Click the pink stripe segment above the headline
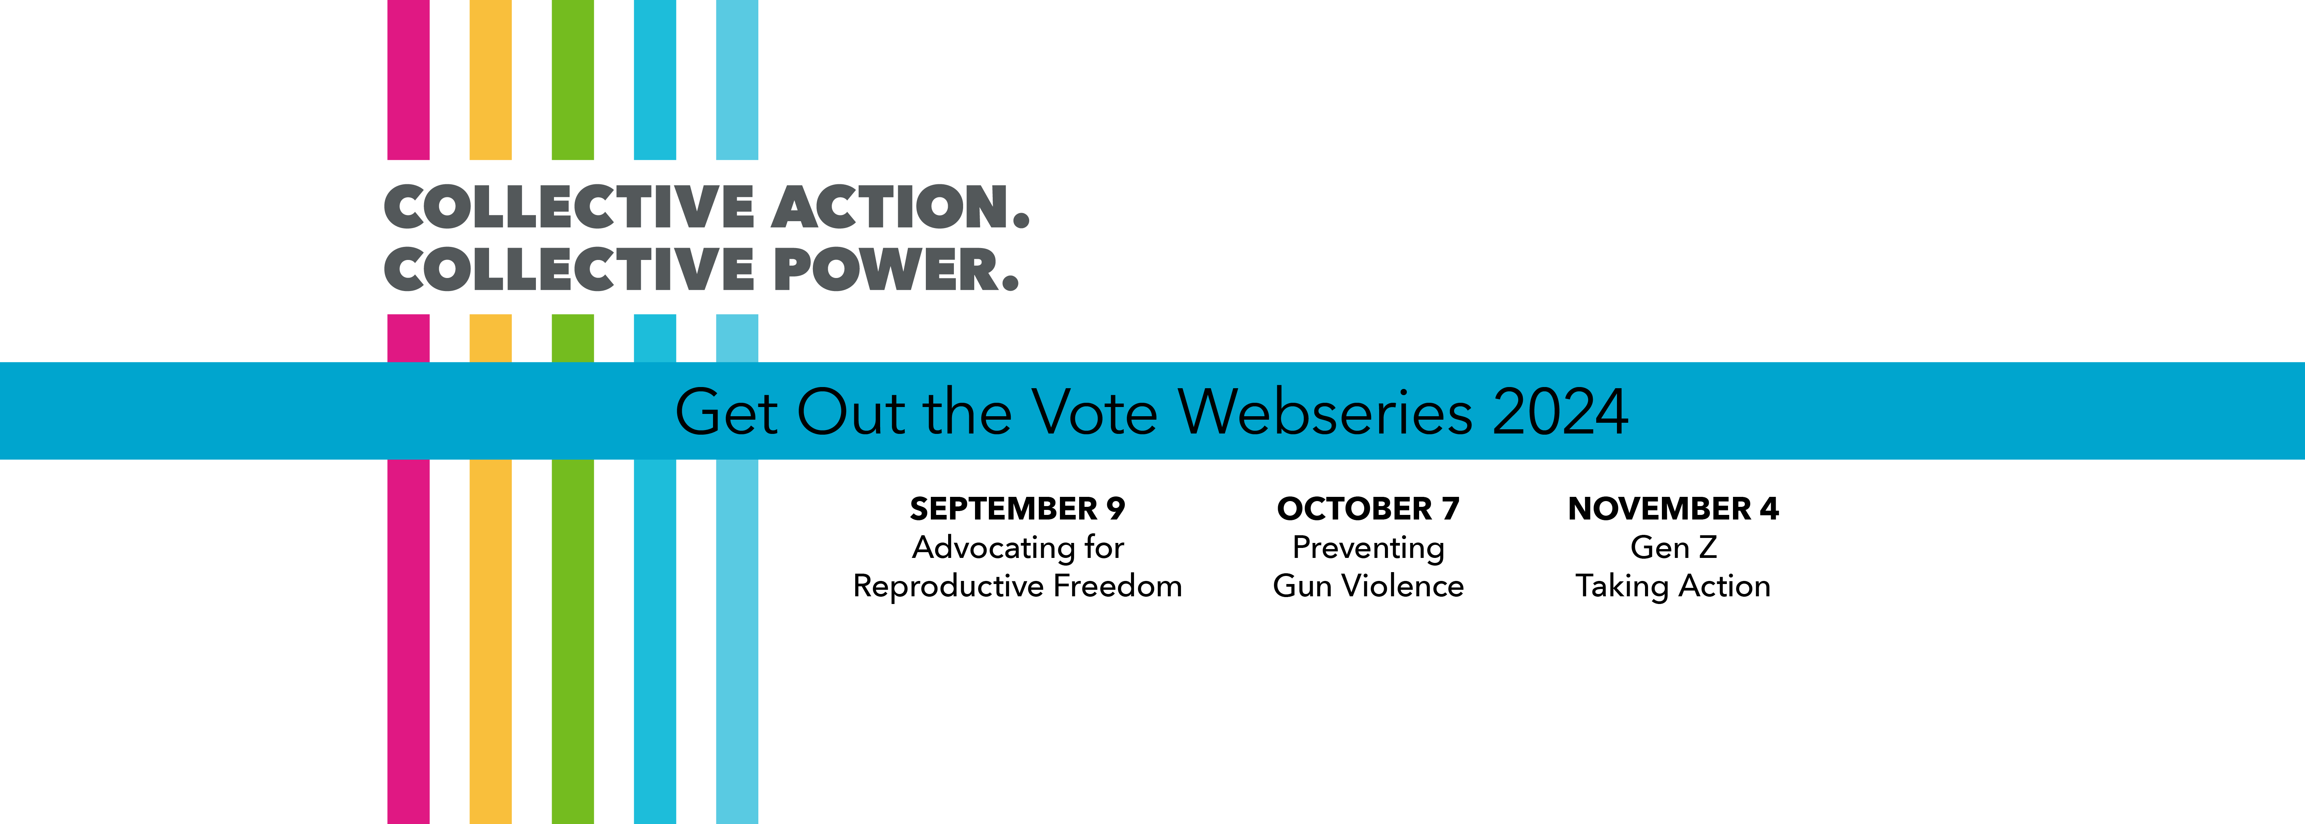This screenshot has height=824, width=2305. [x=408, y=79]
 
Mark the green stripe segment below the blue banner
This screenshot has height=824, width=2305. [x=573, y=642]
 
